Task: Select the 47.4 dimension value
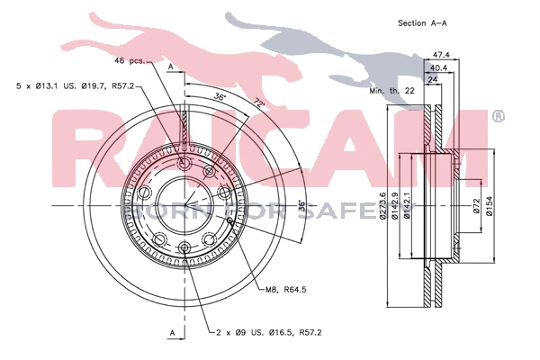(440, 54)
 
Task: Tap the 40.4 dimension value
(440, 67)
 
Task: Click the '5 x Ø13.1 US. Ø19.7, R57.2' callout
(76, 85)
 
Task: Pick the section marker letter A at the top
(170, 67)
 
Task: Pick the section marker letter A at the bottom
(170, 333)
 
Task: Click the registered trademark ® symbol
(498, 116)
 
